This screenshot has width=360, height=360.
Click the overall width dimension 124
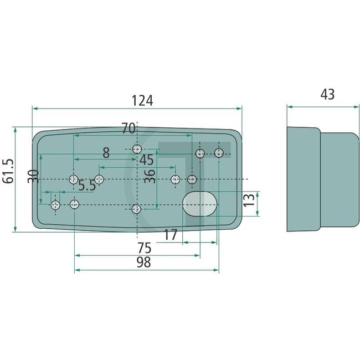142,100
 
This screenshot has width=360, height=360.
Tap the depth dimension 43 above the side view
327,95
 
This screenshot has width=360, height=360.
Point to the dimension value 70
128,128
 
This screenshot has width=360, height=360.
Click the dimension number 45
146,160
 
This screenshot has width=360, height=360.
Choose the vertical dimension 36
150,177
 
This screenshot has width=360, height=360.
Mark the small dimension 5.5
87,186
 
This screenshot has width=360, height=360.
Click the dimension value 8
105,152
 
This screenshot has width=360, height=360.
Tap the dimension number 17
171,235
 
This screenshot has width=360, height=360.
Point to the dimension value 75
145,248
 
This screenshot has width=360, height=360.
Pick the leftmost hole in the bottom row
55,205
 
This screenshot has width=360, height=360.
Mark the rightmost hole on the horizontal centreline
192,179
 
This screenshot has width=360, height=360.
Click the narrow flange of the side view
304,179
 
